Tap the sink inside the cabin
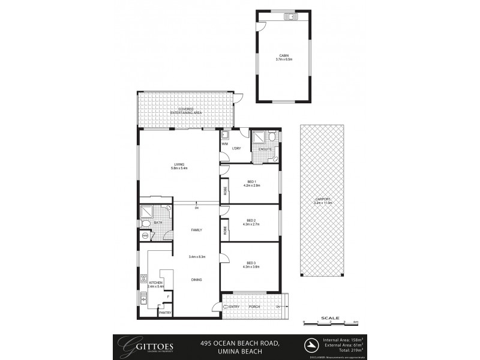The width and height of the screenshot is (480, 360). [292, 16]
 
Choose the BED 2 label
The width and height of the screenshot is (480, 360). [251, 221]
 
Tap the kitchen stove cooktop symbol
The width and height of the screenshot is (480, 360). [144, 278]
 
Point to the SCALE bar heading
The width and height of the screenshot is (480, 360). [330, 317]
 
